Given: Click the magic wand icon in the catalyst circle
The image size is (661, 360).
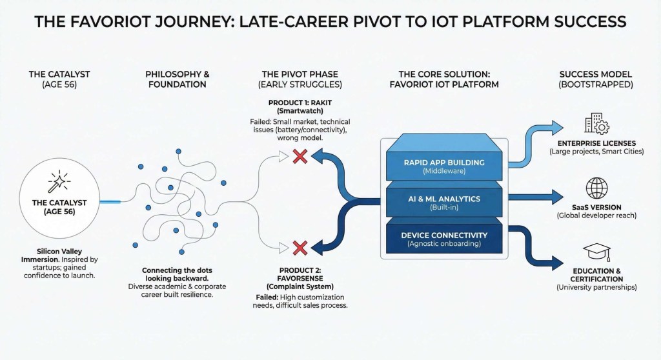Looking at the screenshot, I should point(54,185).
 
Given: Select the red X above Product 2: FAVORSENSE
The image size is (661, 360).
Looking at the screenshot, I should point(299,247).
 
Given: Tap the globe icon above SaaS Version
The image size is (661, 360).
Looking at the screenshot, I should point(596,188).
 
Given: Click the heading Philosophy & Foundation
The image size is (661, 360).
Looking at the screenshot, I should point(177,79).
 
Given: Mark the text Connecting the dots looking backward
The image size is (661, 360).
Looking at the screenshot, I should point(177,274).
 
